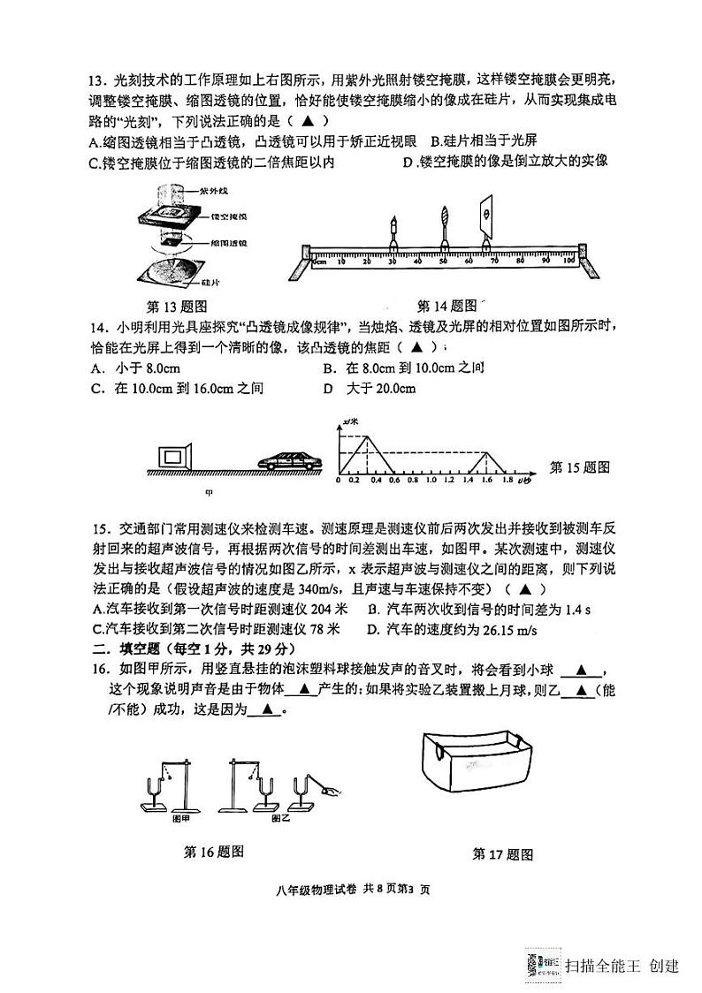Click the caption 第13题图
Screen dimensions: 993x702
pyautogui.click(x=176, y=307)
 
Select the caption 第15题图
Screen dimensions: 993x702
pyautogui.click(x=579, y=467)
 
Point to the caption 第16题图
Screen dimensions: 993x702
pyautogui.click(x=212, y=852)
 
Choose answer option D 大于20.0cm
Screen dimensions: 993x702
pyautogui.click(x=369, y=389)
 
